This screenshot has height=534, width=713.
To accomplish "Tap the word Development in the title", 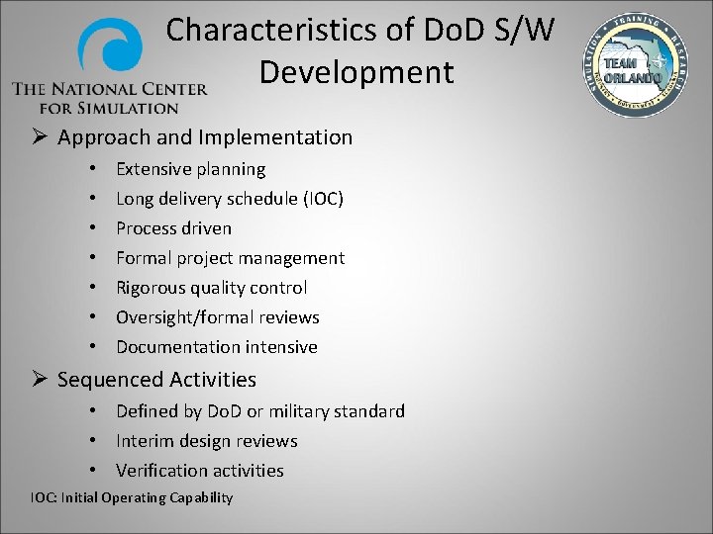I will (x=356, y=72).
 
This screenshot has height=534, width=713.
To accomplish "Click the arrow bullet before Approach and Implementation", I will (x=41, y=137).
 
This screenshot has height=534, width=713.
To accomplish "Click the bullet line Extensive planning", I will (x=190, y=169).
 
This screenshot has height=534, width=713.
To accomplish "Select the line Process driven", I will (x=173, y=228).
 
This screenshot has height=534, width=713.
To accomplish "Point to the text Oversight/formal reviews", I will (x=217, y=317).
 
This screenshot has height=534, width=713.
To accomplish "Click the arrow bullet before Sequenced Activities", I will (x=41, y=380).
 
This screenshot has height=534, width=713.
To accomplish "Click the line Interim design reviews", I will (x=206, y=441).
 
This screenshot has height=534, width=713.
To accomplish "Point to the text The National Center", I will (x=109, y=89).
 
